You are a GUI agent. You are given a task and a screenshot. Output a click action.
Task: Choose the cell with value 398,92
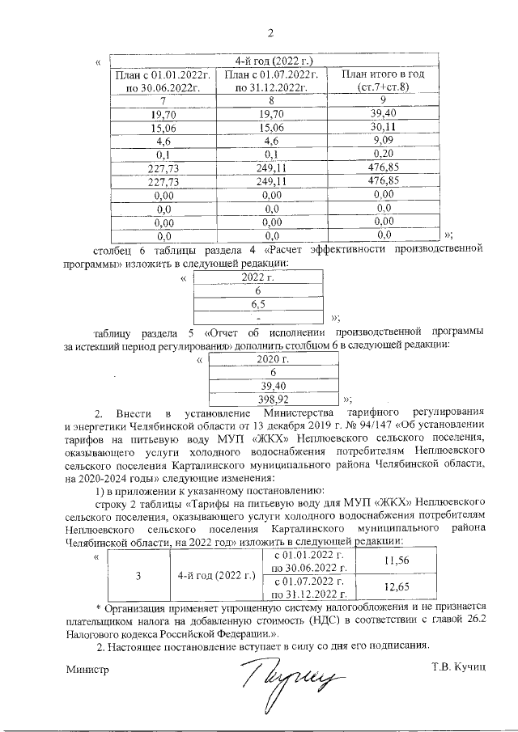click(274, 399)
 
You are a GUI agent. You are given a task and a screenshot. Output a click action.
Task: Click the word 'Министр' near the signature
click(87, 669)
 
